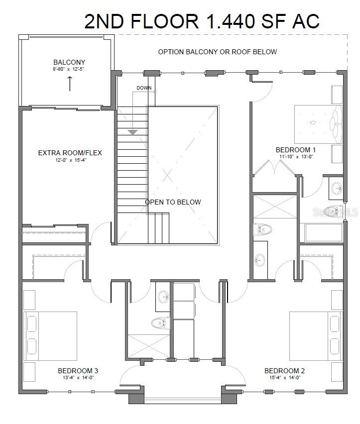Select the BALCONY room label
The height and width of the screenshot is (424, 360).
coord(69,62)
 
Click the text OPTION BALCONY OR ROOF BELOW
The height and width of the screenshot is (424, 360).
coord(217,52)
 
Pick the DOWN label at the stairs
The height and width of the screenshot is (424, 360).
coord(144,88)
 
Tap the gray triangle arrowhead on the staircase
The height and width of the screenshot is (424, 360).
coord(132,132)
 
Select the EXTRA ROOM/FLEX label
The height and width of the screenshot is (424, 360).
coord(70,153)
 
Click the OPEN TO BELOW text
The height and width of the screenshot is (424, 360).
coord(173,202)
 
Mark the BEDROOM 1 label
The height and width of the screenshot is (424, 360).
coord(296,150)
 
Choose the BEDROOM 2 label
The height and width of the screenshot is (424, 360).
coord(284,370)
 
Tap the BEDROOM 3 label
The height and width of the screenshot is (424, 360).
coord(78,370)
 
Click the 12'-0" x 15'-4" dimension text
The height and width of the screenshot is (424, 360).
coord(70,161)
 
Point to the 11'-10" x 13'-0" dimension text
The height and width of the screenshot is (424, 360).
coord(296,157)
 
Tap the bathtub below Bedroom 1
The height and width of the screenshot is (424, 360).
coord(321,233)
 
